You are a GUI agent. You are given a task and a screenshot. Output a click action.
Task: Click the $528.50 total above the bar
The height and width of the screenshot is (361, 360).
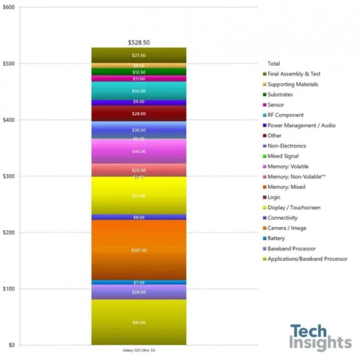(x=139, y=43)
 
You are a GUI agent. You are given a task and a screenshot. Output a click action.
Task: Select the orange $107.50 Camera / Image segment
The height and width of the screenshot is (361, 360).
(x=139, y=250)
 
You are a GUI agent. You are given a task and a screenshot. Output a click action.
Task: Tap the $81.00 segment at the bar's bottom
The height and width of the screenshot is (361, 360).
(x=139, y=322)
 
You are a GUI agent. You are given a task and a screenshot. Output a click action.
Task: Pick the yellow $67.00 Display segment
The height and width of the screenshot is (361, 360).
(x=139, y=196)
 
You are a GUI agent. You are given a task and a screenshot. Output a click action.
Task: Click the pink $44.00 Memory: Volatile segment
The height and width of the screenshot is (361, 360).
(x=139, y=152)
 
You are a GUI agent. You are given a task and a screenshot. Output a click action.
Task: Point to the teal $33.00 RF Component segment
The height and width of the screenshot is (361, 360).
(x=139, y=91)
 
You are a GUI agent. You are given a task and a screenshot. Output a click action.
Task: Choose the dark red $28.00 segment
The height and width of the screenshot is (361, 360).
(x=139, y=114)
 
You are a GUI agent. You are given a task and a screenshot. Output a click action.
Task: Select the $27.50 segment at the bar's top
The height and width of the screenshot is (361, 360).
(x=139, y=55)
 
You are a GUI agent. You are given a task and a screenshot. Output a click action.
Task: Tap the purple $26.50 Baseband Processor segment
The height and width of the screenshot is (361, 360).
(x=139, y=292)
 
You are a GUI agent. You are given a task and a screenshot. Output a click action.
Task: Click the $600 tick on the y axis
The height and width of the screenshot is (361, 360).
(x=9, y=8)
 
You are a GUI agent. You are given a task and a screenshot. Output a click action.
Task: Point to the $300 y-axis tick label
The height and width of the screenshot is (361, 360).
(x=9, y=176)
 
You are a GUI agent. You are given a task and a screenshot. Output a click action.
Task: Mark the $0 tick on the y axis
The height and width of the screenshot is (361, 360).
(x=11, y=345)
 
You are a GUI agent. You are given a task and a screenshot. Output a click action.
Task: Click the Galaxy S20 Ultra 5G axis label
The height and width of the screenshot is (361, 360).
(x=139, y=351)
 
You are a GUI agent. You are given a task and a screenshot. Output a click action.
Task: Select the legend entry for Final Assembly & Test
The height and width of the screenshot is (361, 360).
(x=293, y=74)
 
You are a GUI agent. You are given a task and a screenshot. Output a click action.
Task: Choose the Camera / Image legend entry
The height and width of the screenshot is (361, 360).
(x=287, y=228)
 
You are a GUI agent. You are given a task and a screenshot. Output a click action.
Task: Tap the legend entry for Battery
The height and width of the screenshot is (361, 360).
(x=276, y=239)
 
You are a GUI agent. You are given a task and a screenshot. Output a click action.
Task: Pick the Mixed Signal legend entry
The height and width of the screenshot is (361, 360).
(x=283, y=156)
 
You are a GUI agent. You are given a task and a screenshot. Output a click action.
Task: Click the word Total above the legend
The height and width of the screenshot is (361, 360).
(x=274, y=64)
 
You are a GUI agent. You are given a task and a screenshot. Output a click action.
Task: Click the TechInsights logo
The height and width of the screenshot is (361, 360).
(x=320, y=338)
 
